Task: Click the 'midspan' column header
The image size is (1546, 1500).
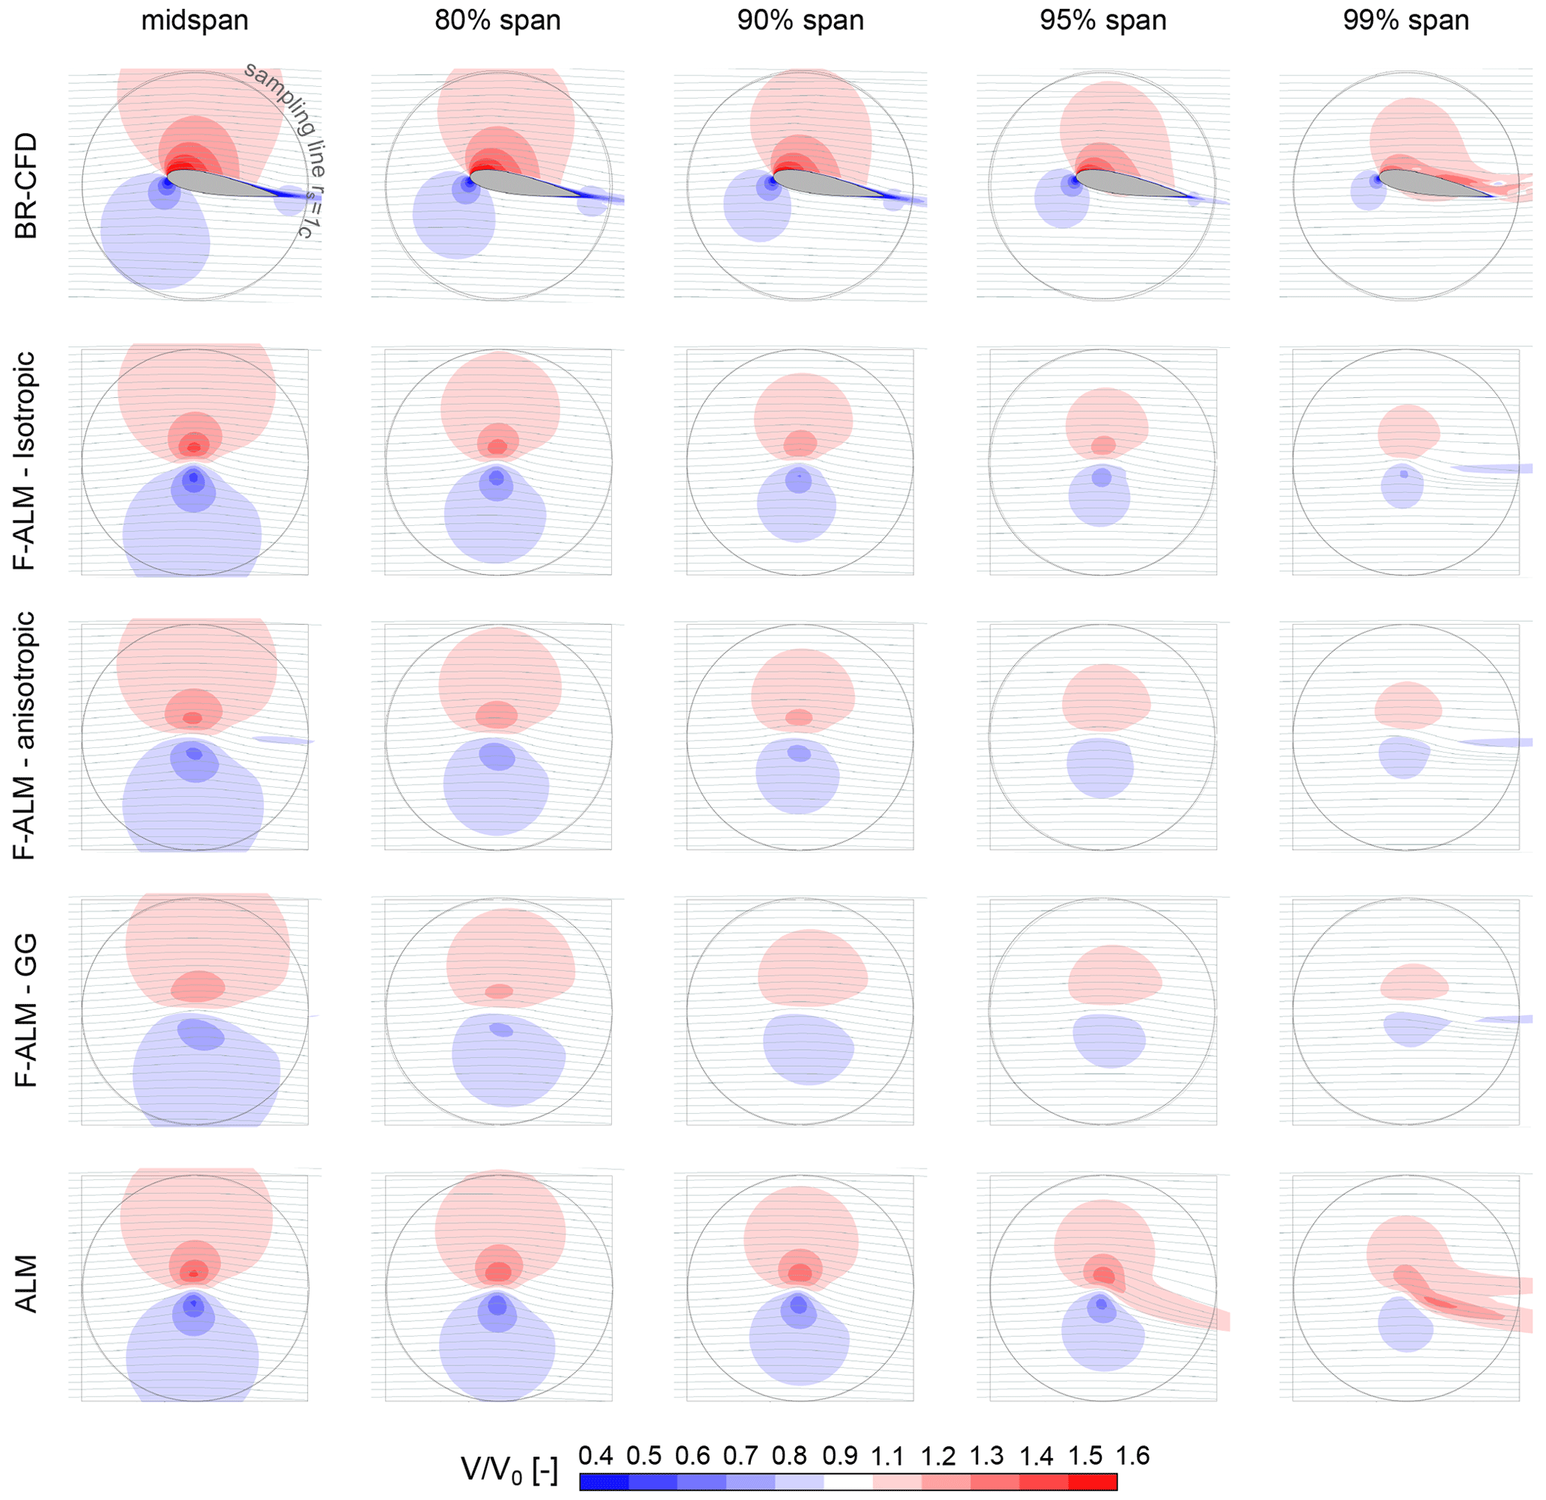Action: [x=194, y=20]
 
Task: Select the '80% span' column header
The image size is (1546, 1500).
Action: [x=497, y=20]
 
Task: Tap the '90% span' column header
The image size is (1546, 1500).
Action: [x=800, y=20]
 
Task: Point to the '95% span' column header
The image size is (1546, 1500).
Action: [x=1102, y=20]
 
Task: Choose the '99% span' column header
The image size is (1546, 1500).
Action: [x=1405, y=20]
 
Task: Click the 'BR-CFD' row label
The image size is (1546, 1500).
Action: [x=25, y=186]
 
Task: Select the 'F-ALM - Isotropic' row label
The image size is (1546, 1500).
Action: [x=25, y=462]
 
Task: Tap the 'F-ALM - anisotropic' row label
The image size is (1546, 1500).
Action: [x=25, y=735]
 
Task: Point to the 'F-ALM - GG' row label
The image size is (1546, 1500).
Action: [x=25, y=1010]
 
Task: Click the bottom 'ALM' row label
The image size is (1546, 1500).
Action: [x=25, y=1284]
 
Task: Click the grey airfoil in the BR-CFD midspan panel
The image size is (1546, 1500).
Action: [x=213, y=183]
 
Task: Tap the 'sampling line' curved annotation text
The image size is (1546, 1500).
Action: [x=280, y=102]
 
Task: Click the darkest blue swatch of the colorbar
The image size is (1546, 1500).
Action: [x=604, y=1482]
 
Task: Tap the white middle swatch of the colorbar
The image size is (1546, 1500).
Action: [x=848, y=1482]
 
